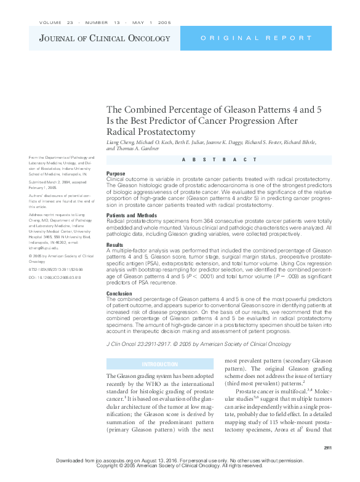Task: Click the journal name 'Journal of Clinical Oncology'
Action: click(105, 39)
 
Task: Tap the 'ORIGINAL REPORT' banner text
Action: click(258, 39)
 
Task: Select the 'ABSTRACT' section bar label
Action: click(219, 159)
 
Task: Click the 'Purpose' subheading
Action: click(116, 174)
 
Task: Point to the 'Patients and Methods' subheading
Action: click(132, 215)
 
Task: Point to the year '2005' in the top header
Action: click(164, 22)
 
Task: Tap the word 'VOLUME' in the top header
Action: click(50, 22)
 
